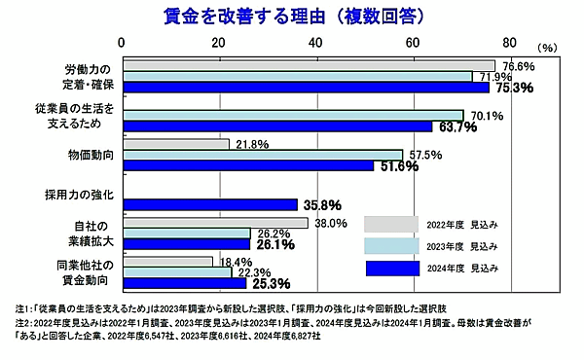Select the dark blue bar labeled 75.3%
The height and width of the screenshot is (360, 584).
(x=305, y=88)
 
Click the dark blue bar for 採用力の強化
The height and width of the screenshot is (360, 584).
(x=209, y=204)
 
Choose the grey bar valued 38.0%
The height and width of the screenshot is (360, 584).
(x=214, y=223)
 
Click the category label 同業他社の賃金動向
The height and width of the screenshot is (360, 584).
(x=90, y=272)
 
